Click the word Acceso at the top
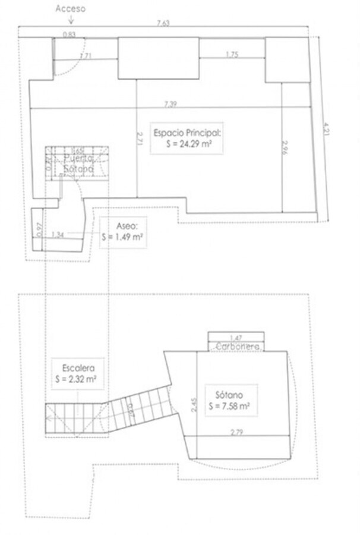pyautogui.click(x=70, y=8)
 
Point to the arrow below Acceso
pyautogui.click(x=71, y=19)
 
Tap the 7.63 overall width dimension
pyautogui.click(x=163, y=23)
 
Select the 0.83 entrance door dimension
pyautogui.click(x=69, y=34)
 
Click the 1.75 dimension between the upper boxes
pyautogui.click(x=232, y=54)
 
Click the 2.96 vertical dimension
pyautogui.click(x=285, y=147)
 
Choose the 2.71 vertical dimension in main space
pyautogui.click(x=140, y=138)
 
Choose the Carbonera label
pyautogui.click(x=236, y=346)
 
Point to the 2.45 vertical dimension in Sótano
pyautogui.click(x=194, y=404)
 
